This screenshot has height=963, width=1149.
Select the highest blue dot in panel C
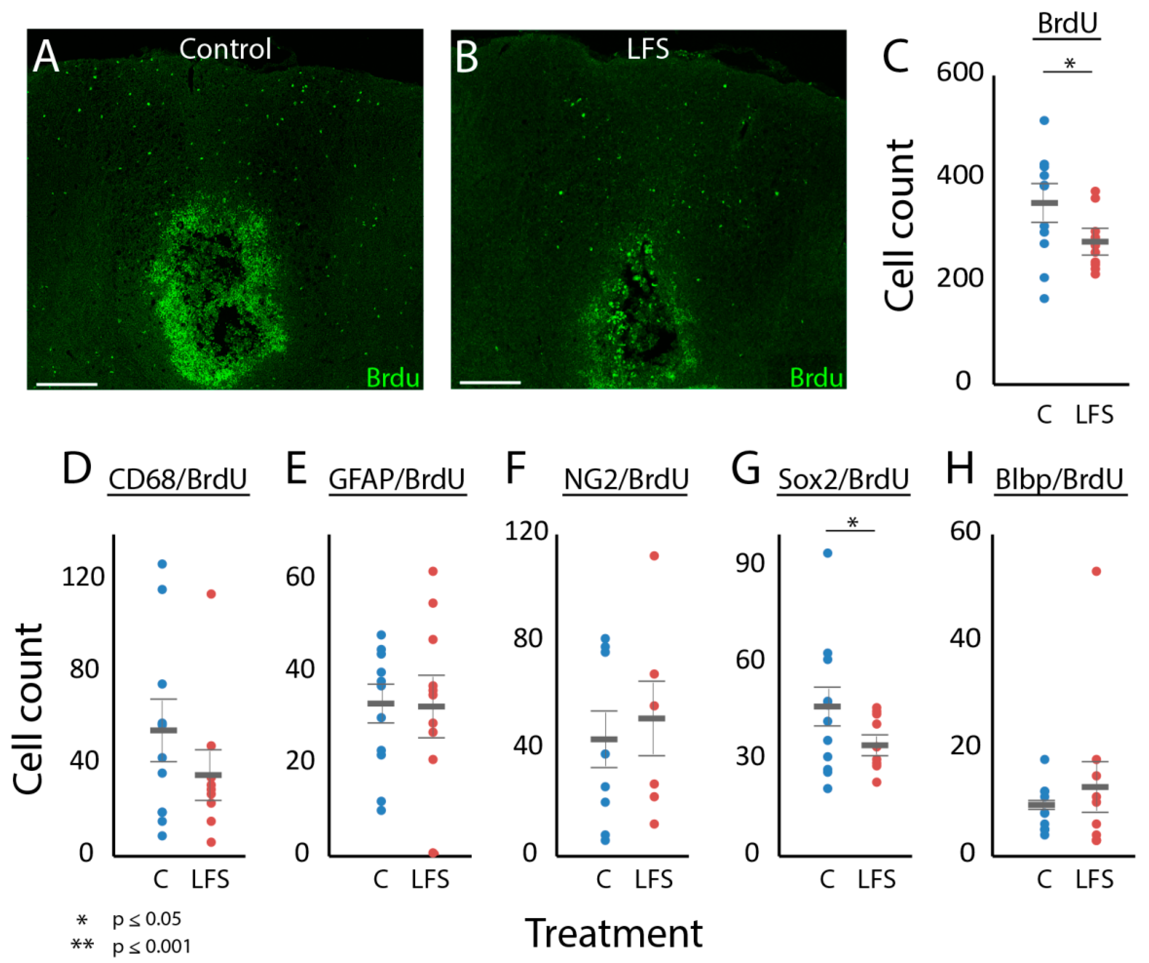pos(1044,120)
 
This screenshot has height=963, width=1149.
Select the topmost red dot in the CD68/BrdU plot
pos(211,594)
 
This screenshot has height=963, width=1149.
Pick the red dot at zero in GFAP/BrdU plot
pos(433,853)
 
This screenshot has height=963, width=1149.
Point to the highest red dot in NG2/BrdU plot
pos(654,556)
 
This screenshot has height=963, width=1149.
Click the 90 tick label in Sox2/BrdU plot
pos(749,563)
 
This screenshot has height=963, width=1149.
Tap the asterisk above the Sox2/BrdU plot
pos(852,523)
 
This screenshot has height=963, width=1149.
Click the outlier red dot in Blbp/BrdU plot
pos(1096,571)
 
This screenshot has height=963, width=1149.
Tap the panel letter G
pos(745,468)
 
